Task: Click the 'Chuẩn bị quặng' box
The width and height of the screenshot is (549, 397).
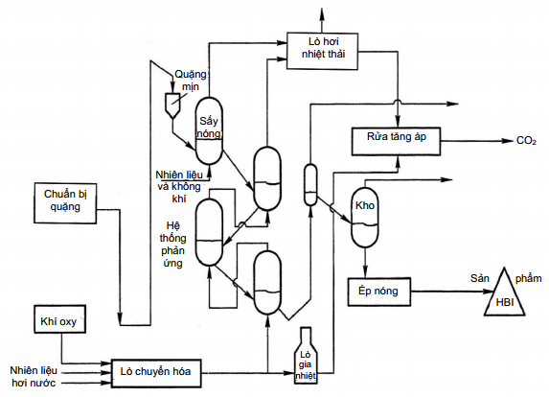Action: pyautogui.click(x=65, y=202)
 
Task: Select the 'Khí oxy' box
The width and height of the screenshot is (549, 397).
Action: pyautogui.click(x=59, y=319)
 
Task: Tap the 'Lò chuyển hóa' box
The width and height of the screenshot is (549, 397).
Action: pyautogui.click(x=156, y=373)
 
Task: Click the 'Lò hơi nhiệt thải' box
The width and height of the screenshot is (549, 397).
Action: pyautogui.click(x=322, y=51)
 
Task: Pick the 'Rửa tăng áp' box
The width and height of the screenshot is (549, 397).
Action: pyautogui.click(x=396, y=141)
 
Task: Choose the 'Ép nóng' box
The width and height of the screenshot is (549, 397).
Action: pyautogui.click(x=378, y=292)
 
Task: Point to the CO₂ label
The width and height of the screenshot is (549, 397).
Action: pyautogui.click(x=526, y=141)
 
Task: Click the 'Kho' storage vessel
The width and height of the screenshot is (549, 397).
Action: pyautogui.click(x=365, y=218)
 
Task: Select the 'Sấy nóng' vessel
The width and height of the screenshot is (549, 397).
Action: pyautogui.click(x=209, y=130)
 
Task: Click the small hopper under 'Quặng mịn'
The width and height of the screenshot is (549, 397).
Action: pyautogui.click(x=172, y=105)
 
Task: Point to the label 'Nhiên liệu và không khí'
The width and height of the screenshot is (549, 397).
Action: pyautogui.click(x=179, y=186)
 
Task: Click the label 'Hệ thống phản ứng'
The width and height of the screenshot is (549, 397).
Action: pyautogui.click(x=172, y=245)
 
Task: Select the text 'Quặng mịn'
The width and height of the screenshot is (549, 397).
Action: pyautogui.click(x=191, y=81)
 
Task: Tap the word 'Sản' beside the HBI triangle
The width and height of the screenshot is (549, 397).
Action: pyautogui.click(x=480, y=278)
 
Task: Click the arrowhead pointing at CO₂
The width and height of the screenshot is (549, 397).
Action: pyautogui.click(x=508, y=141)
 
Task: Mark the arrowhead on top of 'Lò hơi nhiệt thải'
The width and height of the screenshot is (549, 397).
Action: pyautogui.click(x=322, y=12)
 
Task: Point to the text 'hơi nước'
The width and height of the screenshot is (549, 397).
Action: pyautogui.click(x=34, y=383)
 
